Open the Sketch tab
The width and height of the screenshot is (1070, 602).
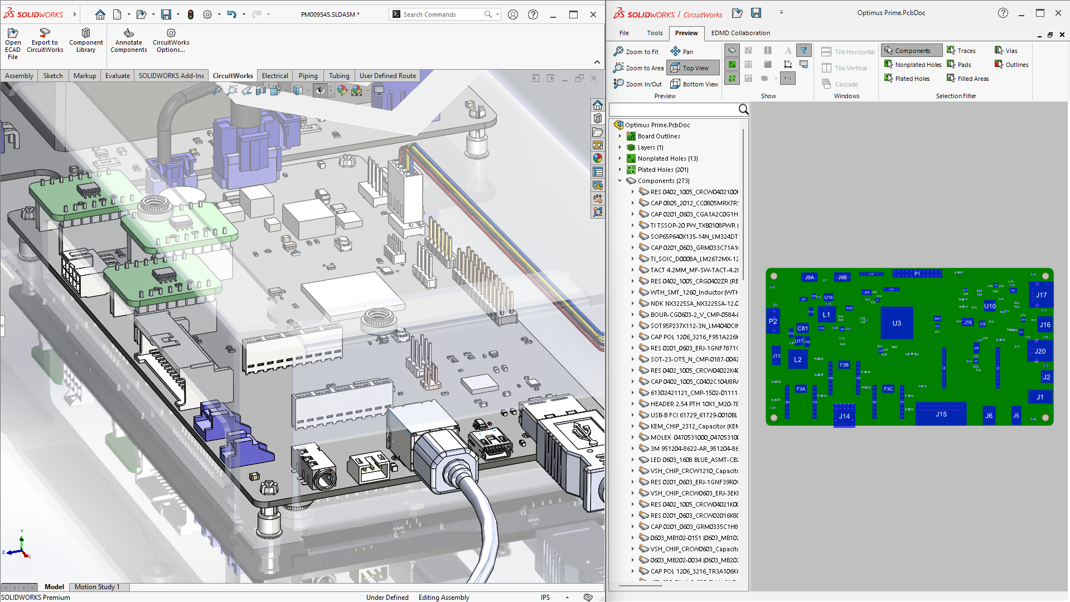pos(53,76)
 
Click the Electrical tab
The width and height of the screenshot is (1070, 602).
pos(275,76)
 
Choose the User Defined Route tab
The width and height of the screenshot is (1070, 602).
pos(388,76)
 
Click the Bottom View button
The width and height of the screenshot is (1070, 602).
pos(694,84)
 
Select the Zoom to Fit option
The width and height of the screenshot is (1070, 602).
pos(636,52)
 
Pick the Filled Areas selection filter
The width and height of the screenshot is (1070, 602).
pos(968,79)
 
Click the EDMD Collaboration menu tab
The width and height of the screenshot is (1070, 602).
pos(740,33)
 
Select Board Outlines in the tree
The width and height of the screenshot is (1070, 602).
pos(659,136)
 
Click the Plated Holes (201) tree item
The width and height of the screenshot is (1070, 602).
pos(662,170)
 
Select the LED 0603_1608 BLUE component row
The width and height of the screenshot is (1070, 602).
pos(694,460)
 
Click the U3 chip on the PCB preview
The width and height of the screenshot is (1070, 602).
pos(897,323)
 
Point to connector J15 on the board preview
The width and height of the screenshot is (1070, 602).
pos(941,414)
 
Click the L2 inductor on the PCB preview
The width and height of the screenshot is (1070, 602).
pos(798,360)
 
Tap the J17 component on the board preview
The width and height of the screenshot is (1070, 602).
pos(1042,295)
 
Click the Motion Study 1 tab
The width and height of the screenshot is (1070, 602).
pos(97,587)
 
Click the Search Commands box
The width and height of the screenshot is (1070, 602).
pos(440,15)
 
